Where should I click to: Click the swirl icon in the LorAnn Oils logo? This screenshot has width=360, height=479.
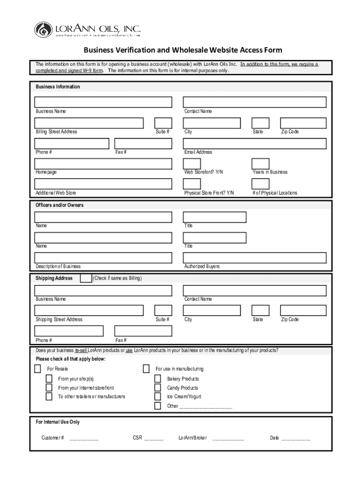[x=43, y=29]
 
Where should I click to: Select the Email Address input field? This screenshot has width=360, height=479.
[x=254, y=143]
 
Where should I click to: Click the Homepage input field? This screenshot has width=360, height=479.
[x=103, y=163]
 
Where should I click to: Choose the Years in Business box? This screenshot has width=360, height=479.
[x=260, y=163]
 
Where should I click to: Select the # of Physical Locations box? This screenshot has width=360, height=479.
[x=260, y=184]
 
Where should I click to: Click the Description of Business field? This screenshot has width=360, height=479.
[x=103, y=258]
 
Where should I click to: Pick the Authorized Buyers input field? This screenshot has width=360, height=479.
[x=254, y=258]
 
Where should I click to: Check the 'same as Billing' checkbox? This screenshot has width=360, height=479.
[x=86, y=278]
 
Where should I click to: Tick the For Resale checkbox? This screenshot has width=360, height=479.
[x=37, y=369]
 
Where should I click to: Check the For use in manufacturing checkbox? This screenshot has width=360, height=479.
[x=146, y=369]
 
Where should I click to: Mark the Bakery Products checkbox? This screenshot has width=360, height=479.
[x=158, y=378]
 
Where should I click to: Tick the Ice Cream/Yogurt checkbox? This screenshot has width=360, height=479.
[x=158, y=397]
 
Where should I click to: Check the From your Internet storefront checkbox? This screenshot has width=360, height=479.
[x=49, y=388]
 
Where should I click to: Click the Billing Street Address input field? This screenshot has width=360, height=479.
[x=89, y=123]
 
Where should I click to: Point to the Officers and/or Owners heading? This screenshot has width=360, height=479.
[x=59, y=205]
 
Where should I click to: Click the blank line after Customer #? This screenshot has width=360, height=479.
[x=84, y=439]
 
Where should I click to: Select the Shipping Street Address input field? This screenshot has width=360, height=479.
[x=89, y=310]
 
